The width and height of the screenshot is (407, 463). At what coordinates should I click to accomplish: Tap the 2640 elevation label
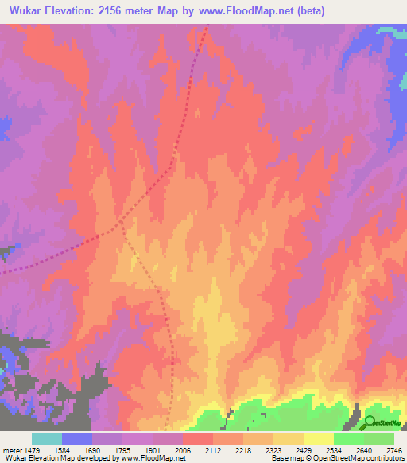click(364, 449)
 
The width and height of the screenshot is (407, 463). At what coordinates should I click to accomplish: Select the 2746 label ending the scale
click(394, 449)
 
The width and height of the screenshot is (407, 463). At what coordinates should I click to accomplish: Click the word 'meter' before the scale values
click(15, 449)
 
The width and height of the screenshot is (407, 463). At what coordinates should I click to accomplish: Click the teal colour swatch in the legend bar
click(47, 438)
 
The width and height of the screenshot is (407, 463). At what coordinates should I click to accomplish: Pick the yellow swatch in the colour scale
click(319, 438)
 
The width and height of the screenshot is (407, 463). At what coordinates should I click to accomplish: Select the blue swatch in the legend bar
click(77, 438)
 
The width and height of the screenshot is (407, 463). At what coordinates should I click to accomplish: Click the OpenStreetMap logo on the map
click(383, 422)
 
